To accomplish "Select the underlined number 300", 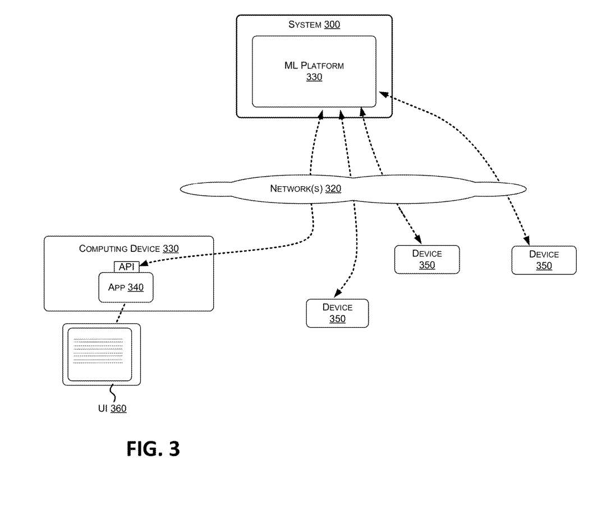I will tap(332, 24).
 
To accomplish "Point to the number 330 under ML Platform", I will tap(314, 77).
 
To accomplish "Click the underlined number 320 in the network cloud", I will tap(333, 189).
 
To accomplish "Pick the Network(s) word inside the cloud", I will tap(296, 189).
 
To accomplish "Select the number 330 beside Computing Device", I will tap(171, 249).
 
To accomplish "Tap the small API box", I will tap(126, 266).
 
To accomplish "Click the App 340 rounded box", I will tap(126, 287).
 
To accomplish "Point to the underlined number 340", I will tap(135, 287).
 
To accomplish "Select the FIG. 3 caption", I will tap(153, 449).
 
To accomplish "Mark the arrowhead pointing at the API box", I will tap(143, 264).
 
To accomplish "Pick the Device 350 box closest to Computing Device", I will tap(337, 313).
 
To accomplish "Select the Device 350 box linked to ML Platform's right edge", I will tap(544, 260).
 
